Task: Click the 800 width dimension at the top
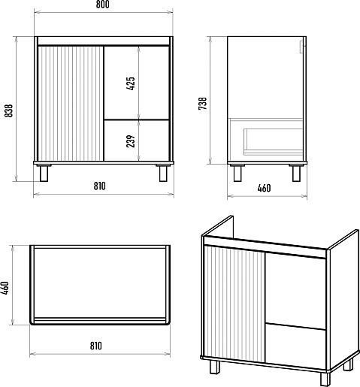coord(103,5)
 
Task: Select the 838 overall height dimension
coord(9,110)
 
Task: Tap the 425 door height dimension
coord(131,83)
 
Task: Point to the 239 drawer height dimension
coord(131,141)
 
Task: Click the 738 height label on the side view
coord(202,103)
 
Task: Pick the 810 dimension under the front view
coord(100,186)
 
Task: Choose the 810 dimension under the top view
coord(96,346)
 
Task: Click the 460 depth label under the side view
coord(264,188)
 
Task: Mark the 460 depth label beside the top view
coord(5,288)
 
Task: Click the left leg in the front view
coord(44,173)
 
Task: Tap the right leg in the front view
coord(163,173)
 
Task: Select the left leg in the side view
coord(237,173)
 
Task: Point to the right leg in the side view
coord(296,173)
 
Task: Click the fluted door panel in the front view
coord(71,104)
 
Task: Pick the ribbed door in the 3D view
coord(234,304)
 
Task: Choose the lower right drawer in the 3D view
coord(295,346)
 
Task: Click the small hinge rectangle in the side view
coord(301,47)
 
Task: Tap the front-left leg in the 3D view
coord(215,367)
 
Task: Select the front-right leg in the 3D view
coord(325,379)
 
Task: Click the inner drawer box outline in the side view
coord(274,141)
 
